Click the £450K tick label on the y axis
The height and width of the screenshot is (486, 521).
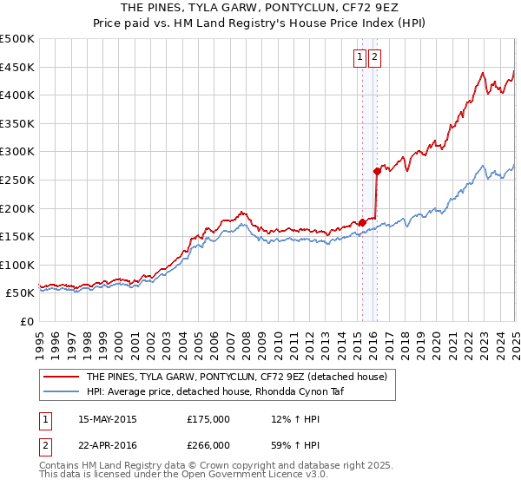tap(17, 67)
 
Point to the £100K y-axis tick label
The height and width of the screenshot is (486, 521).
tap(17, 265)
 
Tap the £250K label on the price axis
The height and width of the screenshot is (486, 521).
tap(17, 180)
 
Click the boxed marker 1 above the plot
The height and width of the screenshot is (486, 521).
tap(359, 58)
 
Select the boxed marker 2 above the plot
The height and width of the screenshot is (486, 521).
tap(374, 58)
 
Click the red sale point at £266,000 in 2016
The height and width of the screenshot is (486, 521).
tap(377, 171)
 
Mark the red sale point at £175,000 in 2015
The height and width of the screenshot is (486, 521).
tap(362, 222)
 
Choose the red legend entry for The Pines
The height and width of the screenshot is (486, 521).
tap(241, 377)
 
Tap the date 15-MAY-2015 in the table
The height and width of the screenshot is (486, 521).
tap(108, 419)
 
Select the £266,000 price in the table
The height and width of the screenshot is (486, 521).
tap(208, 446)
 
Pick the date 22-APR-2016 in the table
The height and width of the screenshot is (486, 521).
tap(108, 446)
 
